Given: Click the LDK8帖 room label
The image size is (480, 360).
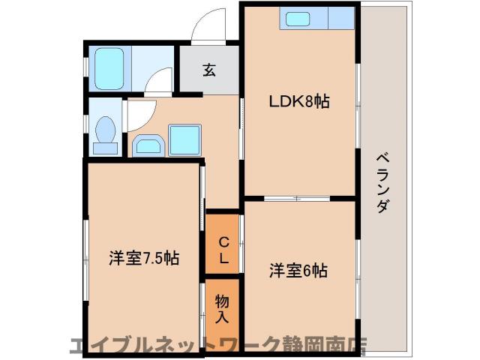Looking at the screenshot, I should coord(300,102).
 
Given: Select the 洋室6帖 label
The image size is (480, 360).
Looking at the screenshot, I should coord(299,271).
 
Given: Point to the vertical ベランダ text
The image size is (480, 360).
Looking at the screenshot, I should coord(382,183).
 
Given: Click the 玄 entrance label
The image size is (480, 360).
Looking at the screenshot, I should coord(208,71).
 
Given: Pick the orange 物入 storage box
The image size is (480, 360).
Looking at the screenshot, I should coord(223,307).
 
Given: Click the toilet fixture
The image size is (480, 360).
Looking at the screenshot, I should coord(106,133).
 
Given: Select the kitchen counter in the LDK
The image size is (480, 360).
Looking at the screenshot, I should coord(316,19).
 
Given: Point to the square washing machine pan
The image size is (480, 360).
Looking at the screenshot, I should coord(185,139).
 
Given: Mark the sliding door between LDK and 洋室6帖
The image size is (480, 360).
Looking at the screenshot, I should coord(298,198).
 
